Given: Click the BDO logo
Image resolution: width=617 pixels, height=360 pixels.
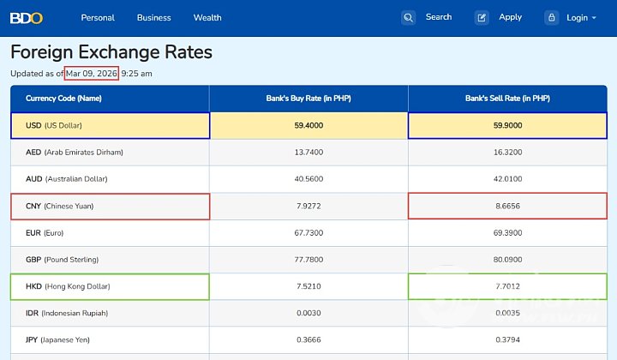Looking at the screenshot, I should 27,17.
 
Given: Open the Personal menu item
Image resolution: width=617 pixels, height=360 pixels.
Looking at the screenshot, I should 98,17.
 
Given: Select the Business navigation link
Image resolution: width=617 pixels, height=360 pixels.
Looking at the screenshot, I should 153,17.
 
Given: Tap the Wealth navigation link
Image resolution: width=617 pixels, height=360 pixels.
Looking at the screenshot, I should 207,17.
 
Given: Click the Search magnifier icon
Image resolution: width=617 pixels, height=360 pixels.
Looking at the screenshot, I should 408,17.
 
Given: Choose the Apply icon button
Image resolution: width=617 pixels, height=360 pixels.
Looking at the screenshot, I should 482,17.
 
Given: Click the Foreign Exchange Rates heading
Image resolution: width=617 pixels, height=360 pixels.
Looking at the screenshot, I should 111,52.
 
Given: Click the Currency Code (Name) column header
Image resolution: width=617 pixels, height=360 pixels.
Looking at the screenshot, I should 63,99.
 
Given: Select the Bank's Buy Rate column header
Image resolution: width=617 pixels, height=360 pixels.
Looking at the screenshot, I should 308,99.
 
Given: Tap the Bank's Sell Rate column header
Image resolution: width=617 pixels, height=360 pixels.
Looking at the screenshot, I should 507,99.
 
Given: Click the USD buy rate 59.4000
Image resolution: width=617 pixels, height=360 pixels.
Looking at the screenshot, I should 308,125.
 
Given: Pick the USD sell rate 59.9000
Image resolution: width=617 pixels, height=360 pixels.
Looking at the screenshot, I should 507,125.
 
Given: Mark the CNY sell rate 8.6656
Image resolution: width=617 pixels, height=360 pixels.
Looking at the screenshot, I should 507,207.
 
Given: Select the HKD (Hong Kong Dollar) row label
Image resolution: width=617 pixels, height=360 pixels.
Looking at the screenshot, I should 68,286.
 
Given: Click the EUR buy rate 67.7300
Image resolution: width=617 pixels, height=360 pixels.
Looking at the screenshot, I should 308,233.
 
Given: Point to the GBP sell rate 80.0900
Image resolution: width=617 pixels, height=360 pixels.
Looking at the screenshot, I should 507,260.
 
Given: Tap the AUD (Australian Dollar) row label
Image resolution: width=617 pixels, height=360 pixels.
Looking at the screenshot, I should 74,179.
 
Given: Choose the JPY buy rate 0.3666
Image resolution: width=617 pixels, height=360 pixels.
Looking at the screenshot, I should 308,340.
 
